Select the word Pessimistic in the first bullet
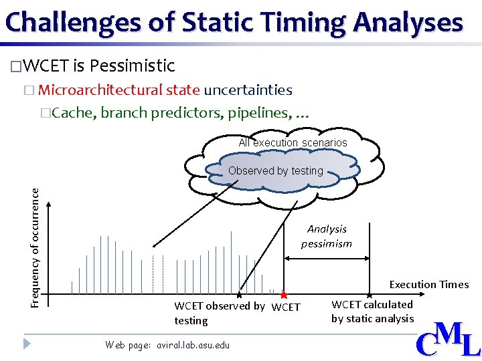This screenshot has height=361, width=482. click(132, 66)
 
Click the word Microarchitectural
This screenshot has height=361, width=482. click(118, 90)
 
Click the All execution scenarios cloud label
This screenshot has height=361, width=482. click(293, 142)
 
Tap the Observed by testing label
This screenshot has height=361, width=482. click(275, 170)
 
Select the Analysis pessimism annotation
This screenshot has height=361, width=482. click(327, 236)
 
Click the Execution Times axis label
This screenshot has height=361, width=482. click(428, 284)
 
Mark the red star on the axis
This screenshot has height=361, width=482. click(284, 295)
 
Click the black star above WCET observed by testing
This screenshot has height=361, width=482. click(239, 295)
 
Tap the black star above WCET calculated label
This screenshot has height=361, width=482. click(370, 295)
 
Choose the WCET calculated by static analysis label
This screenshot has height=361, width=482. click(372, 312)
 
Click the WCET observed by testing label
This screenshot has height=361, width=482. click(219, 313)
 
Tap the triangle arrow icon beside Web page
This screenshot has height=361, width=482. click(27, 344)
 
